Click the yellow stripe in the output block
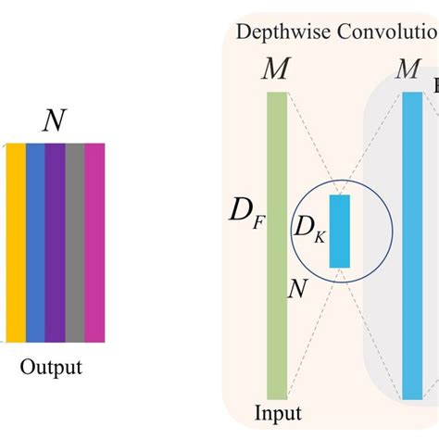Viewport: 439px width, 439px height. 16,242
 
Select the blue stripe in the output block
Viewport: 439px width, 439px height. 35,242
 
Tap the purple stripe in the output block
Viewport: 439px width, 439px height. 55,242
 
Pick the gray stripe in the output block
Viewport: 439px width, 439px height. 74,242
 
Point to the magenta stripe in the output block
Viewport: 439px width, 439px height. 94,242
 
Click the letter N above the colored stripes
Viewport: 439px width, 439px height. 54,119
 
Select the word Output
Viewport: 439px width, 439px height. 51,367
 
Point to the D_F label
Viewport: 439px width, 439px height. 245,219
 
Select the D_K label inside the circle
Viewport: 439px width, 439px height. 309,228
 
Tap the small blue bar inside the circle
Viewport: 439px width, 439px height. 340,231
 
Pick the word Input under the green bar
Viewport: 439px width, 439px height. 277,411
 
